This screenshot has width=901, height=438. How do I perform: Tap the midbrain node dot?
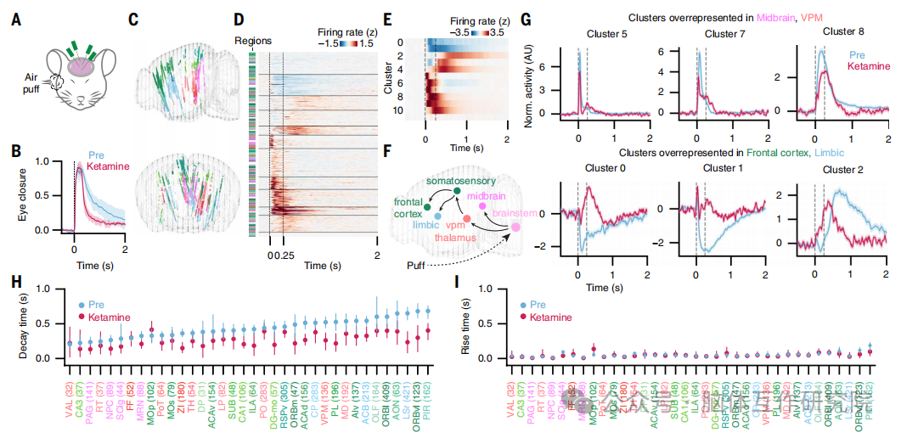click(482, 206)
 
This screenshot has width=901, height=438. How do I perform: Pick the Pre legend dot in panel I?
click(521, 304)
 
